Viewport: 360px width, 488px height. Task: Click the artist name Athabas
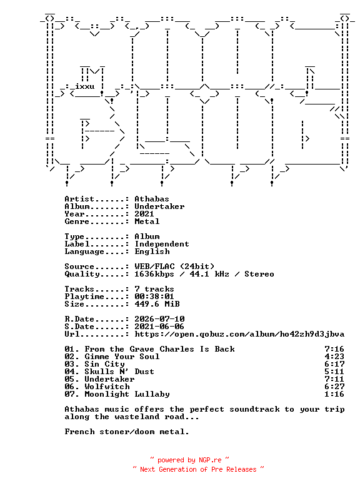[152, 199]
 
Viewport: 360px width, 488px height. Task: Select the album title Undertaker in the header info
[159, 206]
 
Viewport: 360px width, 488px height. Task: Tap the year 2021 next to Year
[144, 214]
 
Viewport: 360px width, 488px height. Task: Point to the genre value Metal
[147, 221]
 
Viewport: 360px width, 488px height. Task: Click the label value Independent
[162, 244]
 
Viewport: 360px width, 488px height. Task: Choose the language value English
[152, 252]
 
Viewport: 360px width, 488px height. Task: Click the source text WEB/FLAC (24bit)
[174, 267]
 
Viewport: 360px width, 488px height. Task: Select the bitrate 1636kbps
[154, 274]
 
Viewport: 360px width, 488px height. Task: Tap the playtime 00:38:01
[154, 297]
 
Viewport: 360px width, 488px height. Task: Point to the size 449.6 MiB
[157, 304]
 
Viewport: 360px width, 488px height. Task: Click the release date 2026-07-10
[159, 319]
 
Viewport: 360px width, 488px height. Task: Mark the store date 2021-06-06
[159, 327]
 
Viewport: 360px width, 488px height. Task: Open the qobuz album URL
[239, 334]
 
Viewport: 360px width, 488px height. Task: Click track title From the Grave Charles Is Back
[160, 349]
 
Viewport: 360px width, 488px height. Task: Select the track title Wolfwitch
[107, 387]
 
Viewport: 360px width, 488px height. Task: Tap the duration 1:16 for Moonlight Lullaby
[334, 394]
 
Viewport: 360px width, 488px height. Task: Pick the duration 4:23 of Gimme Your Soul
[334, 357]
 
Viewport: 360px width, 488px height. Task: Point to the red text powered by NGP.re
[189, 460]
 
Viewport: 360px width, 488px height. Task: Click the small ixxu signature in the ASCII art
[85, 86]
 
